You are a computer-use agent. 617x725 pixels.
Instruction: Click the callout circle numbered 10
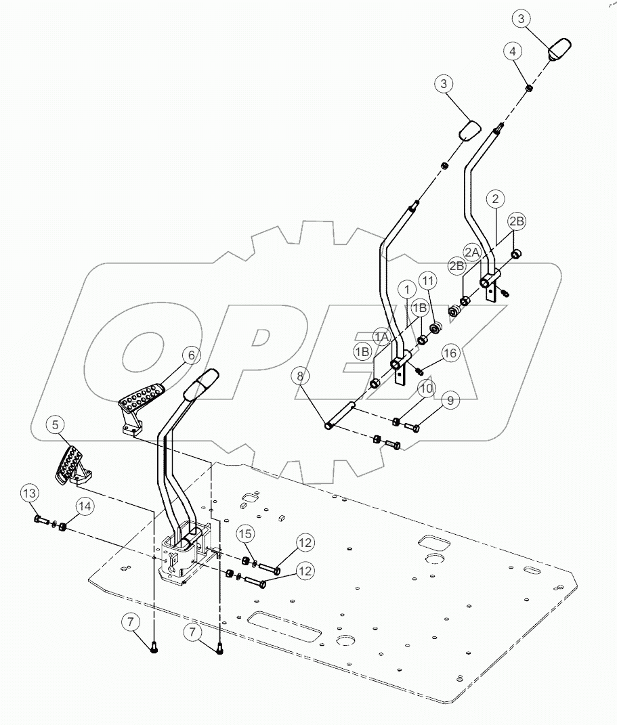coord(425,389)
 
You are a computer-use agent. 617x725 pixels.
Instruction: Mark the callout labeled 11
coord(427,281)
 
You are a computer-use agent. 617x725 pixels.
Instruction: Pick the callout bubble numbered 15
coord(247,534)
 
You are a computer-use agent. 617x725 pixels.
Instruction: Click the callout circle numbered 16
coord(451,353)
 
